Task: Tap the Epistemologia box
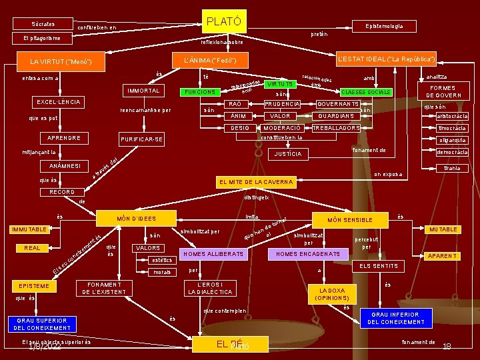point(383,26)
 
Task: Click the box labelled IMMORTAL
point(141,91)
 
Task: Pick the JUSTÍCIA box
point(288,155)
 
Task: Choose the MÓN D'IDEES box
point(136,219)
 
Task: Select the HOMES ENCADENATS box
point(307,254)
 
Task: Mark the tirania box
point(451,169)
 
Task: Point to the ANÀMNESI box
point(65,165)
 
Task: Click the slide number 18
point(447,347)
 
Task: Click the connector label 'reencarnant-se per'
point(145,111)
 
